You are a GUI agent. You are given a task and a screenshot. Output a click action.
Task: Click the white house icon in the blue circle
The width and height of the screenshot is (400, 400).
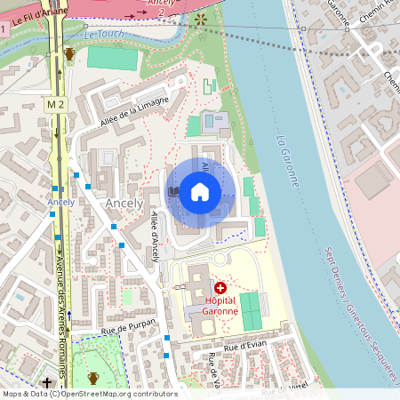(x=200, y=191)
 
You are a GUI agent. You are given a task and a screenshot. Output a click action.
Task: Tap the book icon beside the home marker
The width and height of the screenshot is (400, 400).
(x=173, y=191)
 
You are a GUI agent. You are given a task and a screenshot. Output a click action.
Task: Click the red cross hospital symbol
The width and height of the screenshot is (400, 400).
(x=220, y=288)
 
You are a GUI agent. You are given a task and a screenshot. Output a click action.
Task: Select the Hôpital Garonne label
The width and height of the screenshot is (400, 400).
(x=220, y=306)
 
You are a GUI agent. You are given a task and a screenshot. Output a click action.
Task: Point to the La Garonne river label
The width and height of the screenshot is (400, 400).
(x=287, y=160)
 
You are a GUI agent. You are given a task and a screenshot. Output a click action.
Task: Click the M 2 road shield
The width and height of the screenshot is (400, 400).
(x=57, y=105)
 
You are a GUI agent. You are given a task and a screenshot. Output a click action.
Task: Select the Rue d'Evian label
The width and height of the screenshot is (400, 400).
(x=244, y=348)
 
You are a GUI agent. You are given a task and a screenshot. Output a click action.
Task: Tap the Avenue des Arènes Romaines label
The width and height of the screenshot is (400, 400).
(x=61, y=298)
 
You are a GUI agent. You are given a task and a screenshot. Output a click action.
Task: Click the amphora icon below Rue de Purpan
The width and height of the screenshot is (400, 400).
(x=93, y=379)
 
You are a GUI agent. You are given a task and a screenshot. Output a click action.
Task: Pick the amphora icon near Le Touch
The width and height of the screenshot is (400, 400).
(x=69, y=53)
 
